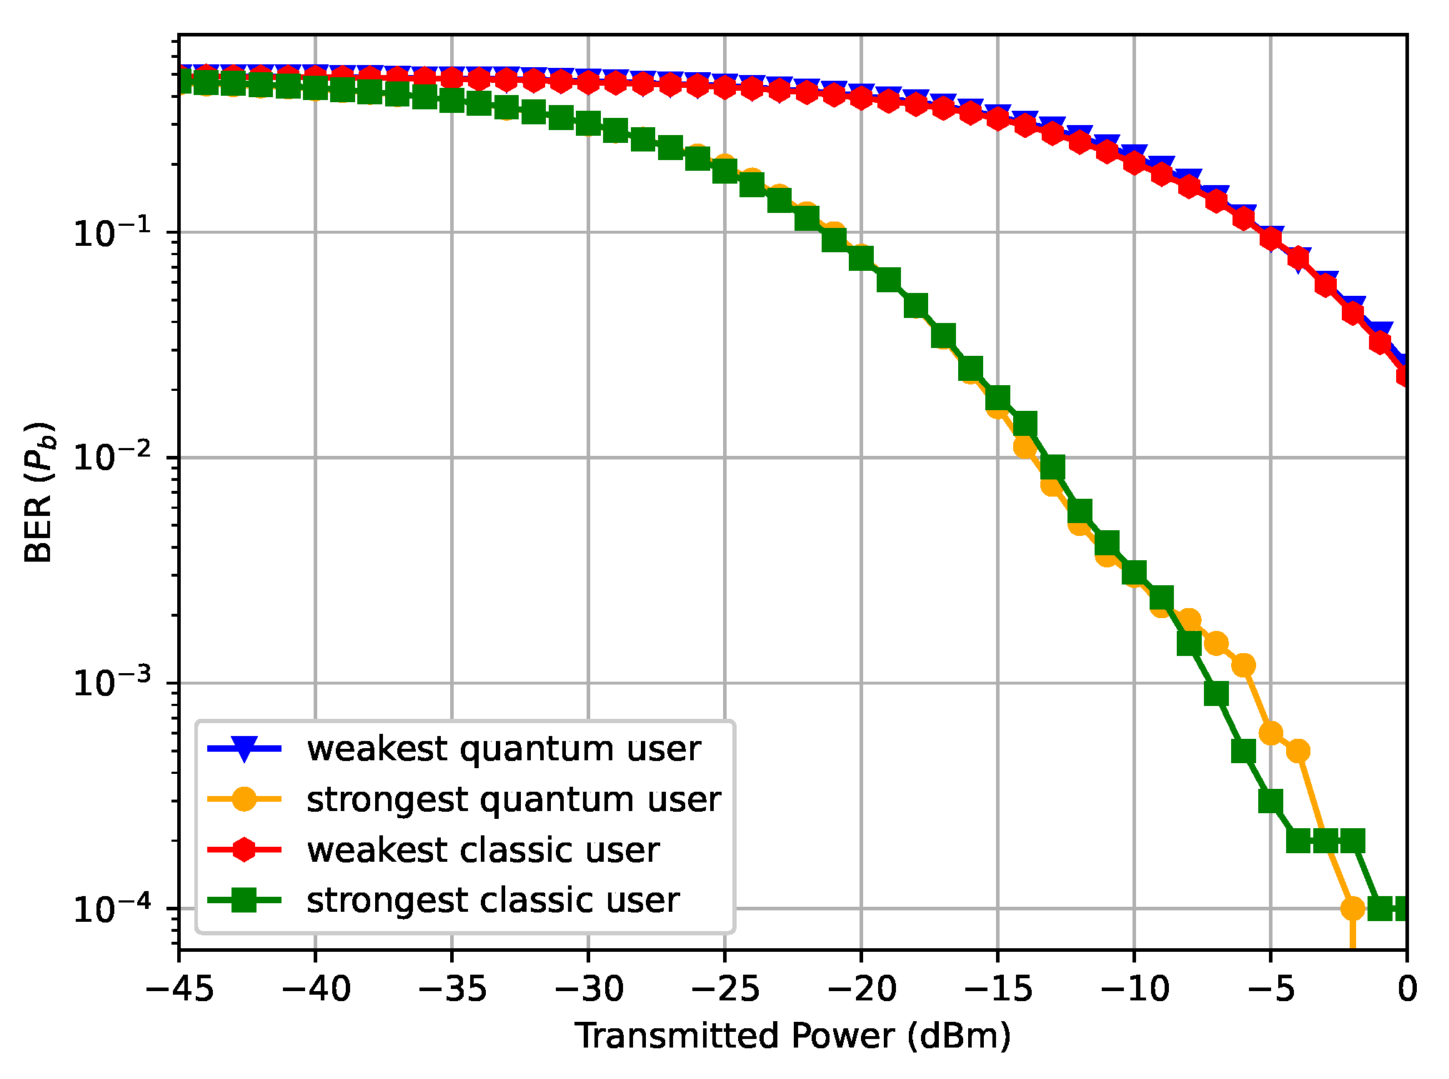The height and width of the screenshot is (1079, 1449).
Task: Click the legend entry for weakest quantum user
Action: point(503,749)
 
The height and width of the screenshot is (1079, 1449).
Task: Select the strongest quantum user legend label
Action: point(513,799)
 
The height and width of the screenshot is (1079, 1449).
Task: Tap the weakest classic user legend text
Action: point(482,850)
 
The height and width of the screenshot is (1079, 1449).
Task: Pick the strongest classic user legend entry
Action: point(492,900)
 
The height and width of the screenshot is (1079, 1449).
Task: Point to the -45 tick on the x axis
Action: point(179,989)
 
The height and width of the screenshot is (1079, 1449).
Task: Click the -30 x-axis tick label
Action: point(588,989)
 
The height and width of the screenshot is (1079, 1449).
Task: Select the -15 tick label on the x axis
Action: point(997,989)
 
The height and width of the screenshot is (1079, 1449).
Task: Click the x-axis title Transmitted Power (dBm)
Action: point(793,1035)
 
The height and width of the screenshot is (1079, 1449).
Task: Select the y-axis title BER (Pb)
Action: point(39,493)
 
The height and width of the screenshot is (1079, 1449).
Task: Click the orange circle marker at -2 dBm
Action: point(1353,908)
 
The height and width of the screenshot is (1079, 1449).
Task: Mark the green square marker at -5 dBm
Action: point(1270,801)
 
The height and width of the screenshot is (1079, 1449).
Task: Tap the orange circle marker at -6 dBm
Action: point(1243,665)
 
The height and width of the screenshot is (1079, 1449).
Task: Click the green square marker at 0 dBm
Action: point(1405,908)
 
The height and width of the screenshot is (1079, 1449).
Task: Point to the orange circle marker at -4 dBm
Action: point(1298,751)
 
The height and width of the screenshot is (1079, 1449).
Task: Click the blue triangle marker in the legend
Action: point(244,749)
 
